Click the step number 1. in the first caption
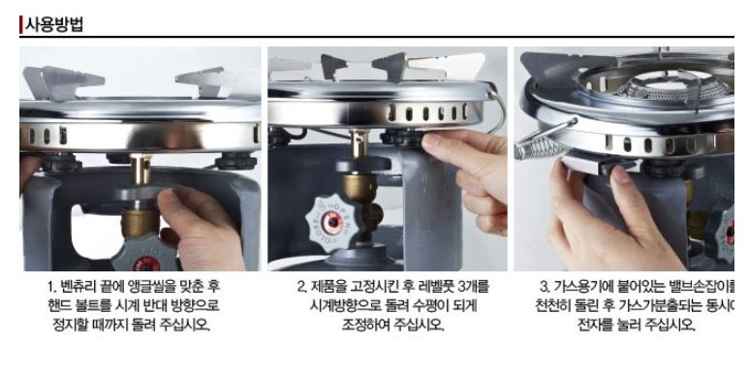point(54,288)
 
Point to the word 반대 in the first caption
point(161,305)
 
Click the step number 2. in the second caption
point(301,288)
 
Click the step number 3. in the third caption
point(544,288)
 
